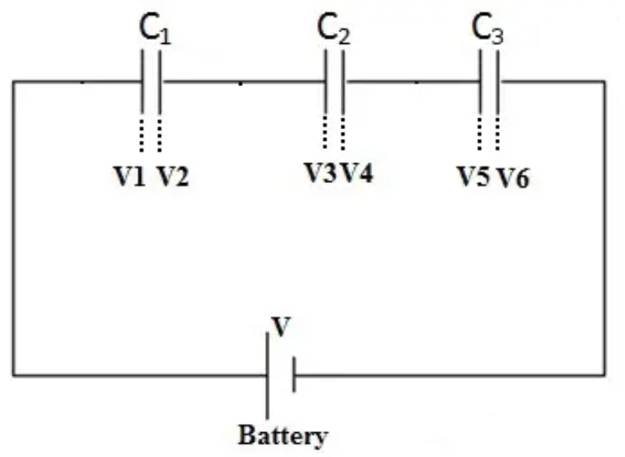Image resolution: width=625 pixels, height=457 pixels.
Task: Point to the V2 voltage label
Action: coord(172,177)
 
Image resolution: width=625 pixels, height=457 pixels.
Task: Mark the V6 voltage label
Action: coord(512,178)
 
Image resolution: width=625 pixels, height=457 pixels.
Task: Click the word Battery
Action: coord(283,435)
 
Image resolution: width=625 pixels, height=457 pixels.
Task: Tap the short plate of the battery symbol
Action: coord(293,375)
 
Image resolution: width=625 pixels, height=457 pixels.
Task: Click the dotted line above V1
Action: coord(143,135)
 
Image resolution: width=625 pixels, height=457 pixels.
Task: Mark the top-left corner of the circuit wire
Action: coord(13,82)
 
